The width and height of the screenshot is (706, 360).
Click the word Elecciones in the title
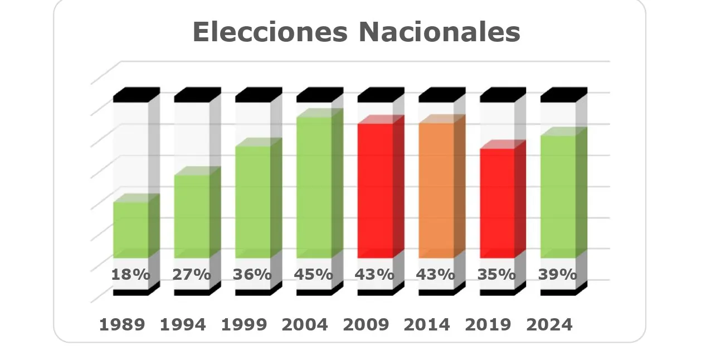(270, 32)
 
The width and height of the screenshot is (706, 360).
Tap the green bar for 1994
(192, 216)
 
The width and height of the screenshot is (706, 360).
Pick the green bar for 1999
(253, 202)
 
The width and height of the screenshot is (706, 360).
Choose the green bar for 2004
(314, 187)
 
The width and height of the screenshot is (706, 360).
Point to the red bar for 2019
(497, 203)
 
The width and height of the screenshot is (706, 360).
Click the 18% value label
(130, 275)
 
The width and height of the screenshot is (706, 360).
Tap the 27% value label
(192, 275)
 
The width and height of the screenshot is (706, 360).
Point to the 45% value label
(314, 275)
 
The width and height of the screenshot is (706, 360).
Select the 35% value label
(496, 275)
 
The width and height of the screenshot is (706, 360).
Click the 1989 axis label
(122, 325)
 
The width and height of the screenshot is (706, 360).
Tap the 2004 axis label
(305, 325)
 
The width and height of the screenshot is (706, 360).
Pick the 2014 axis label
(427, 325)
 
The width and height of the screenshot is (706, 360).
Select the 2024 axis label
(549, 325)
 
